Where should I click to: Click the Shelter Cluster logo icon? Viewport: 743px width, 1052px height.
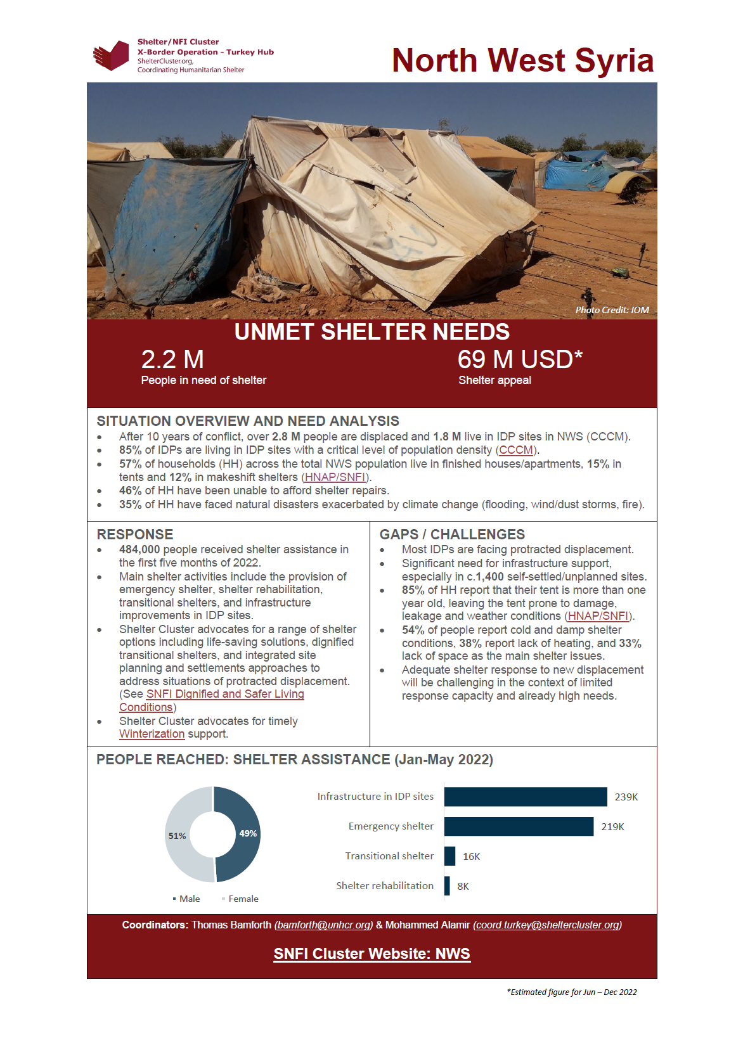coord(112,56)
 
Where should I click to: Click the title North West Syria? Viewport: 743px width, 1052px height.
coord(522,61)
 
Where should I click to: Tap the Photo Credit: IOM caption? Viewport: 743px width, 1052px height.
coord(612,310)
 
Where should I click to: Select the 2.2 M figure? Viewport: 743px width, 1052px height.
coord(172,359)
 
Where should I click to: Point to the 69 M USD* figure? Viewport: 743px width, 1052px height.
coord(520,359)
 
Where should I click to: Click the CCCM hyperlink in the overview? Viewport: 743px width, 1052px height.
coord(516,450)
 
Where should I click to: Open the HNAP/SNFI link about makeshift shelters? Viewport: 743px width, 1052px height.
coord(335,477)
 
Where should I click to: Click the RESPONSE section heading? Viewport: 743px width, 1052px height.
coord(135,534)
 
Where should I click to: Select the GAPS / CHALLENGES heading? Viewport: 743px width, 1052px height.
coord(452,534)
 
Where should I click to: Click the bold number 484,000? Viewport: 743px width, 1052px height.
coord(139,549)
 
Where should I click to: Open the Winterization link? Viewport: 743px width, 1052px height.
coord(152,734)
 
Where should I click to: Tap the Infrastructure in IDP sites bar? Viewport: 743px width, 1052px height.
coord(526,797)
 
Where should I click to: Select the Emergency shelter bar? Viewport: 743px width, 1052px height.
coord(519,826)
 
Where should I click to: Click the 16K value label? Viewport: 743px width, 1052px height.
coord(471,856)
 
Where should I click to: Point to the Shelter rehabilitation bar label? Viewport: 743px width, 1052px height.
coord(385,885)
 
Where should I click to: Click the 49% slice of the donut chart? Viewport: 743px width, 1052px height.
coord(243,834)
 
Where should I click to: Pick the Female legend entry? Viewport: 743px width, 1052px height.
coord(243,899)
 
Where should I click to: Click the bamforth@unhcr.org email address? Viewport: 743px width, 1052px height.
coord(323,925)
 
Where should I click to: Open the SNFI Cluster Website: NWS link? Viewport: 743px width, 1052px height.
coord(372,954)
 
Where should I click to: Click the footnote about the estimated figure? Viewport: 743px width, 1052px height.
coord(571,992)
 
